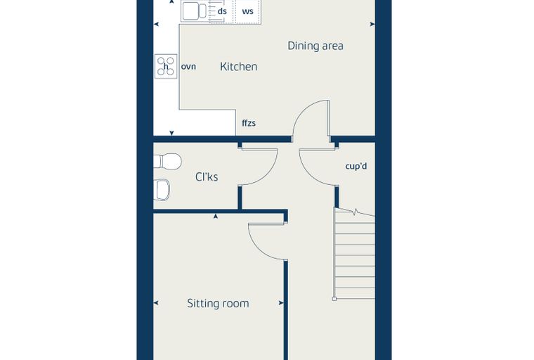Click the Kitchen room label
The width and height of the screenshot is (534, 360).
[238, 67]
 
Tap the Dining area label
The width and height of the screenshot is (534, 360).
[315, 46]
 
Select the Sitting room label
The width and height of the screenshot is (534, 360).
[218, 303]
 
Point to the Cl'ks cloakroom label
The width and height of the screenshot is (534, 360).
[207, 176]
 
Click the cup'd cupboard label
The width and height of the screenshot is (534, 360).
[356, 167]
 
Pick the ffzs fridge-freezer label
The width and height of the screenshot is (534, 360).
[249, 123]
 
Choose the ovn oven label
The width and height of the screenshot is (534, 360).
[188, 67]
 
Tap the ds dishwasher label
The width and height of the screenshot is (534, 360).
[222, 11]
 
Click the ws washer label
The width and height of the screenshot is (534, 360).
[247, 11]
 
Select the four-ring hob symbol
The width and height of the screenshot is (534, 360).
[166, 66]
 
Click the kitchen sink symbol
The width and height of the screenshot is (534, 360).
[194, 11]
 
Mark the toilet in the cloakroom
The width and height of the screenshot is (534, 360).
[167, 161]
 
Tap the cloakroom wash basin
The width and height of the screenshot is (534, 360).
[162, 190]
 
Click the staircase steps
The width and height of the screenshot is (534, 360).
[355, 254]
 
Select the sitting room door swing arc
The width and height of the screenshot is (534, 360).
[259, 248]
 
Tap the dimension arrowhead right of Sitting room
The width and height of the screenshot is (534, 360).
[281, 303]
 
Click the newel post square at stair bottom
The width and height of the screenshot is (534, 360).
[334, 299]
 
